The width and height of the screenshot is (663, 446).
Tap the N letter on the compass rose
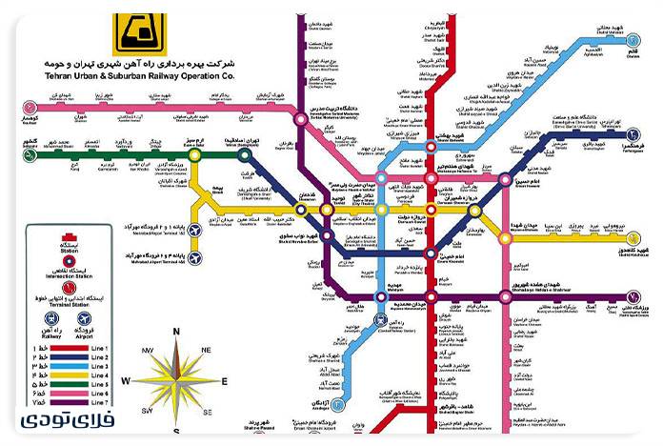176,331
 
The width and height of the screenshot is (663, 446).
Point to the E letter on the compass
224,381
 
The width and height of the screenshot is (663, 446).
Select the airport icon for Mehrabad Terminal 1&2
196,229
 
